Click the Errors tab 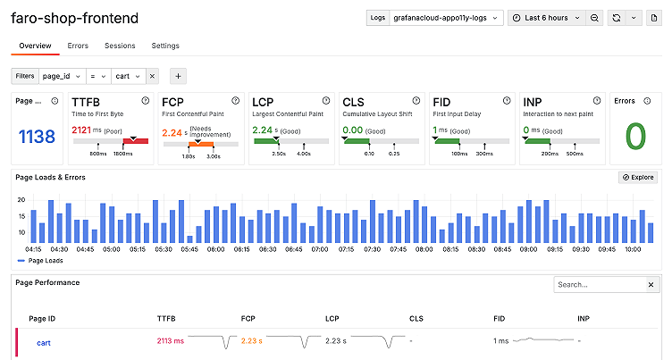point(78,46)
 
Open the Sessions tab point(120,46)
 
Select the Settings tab point(165,46)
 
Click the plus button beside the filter point(177,77)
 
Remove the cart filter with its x point(152,77)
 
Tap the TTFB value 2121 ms point(81,130)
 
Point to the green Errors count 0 point(634,137)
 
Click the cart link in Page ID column point(43,341)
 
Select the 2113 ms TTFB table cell point(170,341)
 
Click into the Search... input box point(597,285)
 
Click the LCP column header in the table point(333,318)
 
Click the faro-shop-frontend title point(75,18)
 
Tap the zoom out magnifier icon point(594,18)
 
